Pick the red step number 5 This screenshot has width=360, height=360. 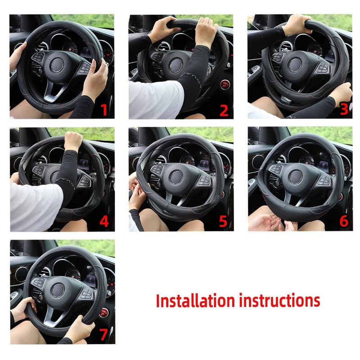(224, 222)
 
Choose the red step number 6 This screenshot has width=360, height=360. (344, 222)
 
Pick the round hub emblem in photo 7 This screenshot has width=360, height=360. (58, 289)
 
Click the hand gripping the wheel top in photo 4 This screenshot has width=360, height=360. (73, 140)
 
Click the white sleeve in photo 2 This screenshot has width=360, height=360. (155, 99)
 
